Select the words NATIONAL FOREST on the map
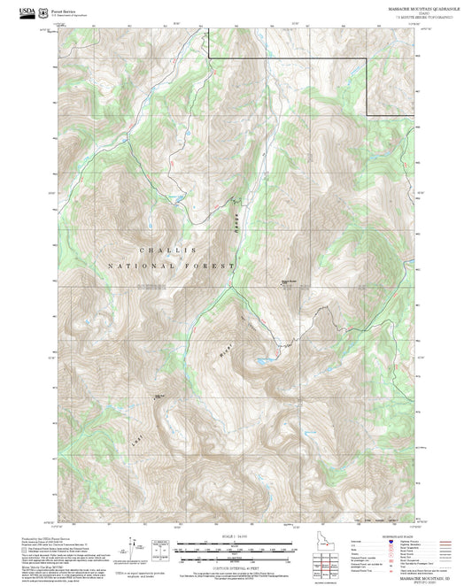(173, 266)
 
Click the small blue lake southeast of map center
(263, 361)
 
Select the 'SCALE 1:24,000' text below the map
(236, 536)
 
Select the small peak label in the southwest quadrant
(160, 396)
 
